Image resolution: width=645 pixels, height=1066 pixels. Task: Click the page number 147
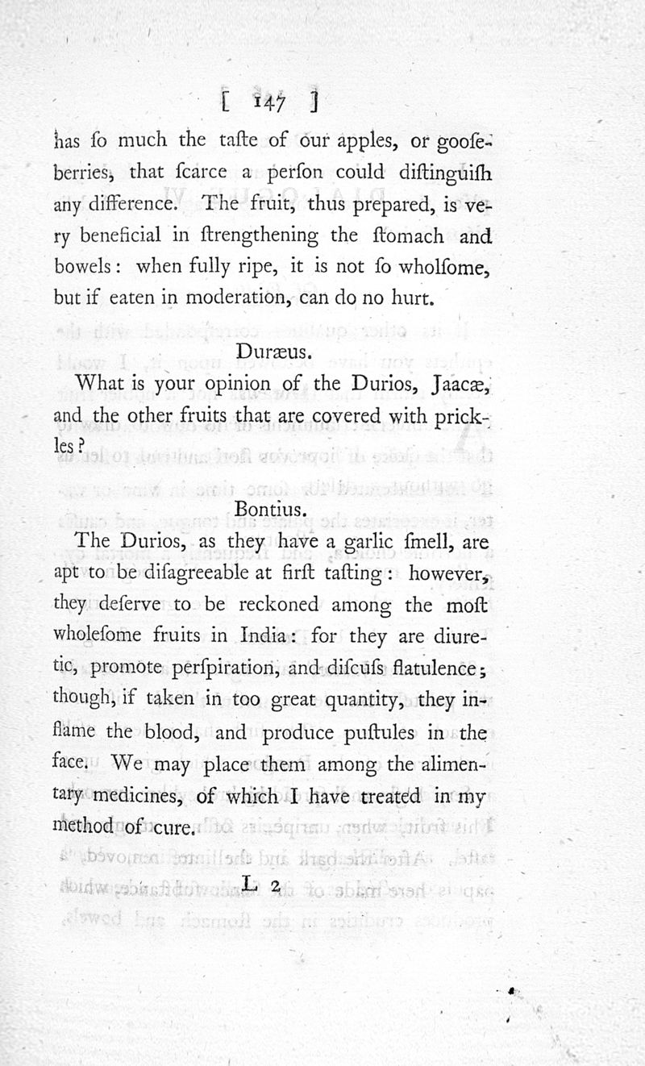[x=266, y=102]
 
